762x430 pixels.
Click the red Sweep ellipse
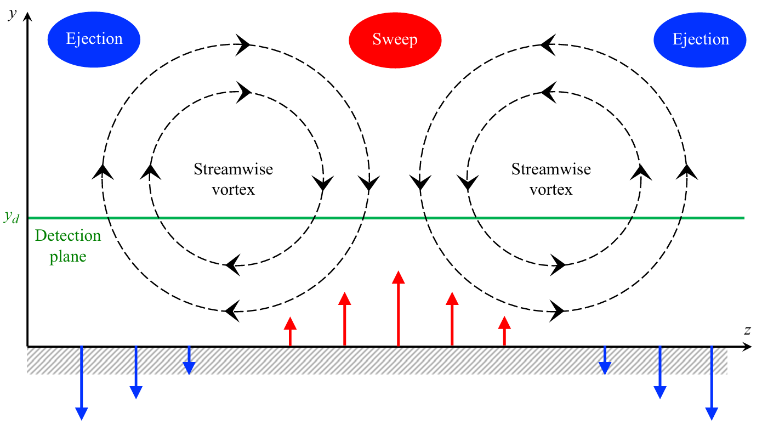(x=395, y=39)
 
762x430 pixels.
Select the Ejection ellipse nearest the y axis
(x=94, y=39)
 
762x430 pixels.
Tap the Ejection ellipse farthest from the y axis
(x=700, y=39)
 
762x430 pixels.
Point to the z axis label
(x=747, y=330)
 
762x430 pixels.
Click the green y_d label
(x=11, y=218)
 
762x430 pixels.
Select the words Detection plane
(x=68, y=246)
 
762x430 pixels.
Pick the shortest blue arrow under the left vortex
(x=189, y=360)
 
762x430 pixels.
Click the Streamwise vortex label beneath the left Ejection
(x=233, y=179)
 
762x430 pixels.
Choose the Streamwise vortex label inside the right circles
(x=551, y=179)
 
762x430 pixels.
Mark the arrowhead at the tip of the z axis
(x=746, y=347)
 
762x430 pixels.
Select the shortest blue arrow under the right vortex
(x=605, y=360)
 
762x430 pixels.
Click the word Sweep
(x=395, y=39)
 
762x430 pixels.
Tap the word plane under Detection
(x=68, y=256)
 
